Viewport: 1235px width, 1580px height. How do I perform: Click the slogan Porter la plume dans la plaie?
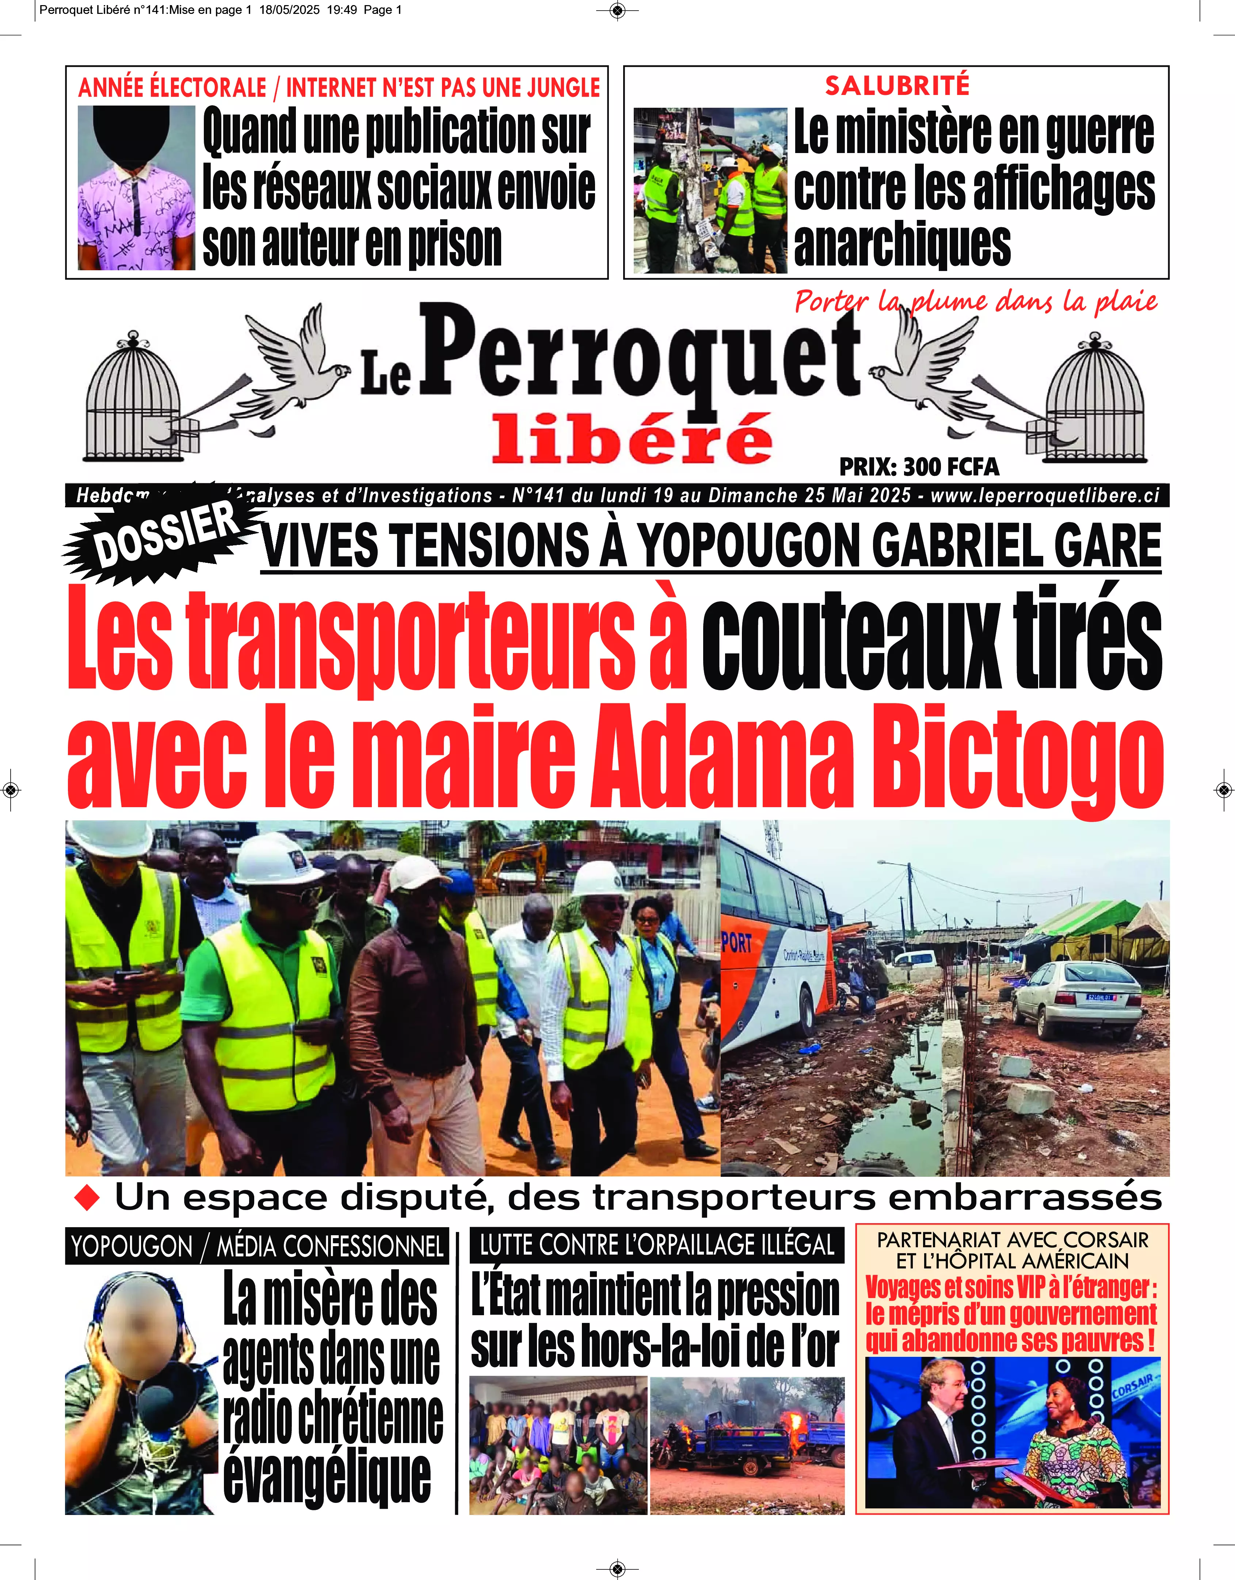click(975, 301)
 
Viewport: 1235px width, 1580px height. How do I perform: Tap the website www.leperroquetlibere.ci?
click(1044, 496)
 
